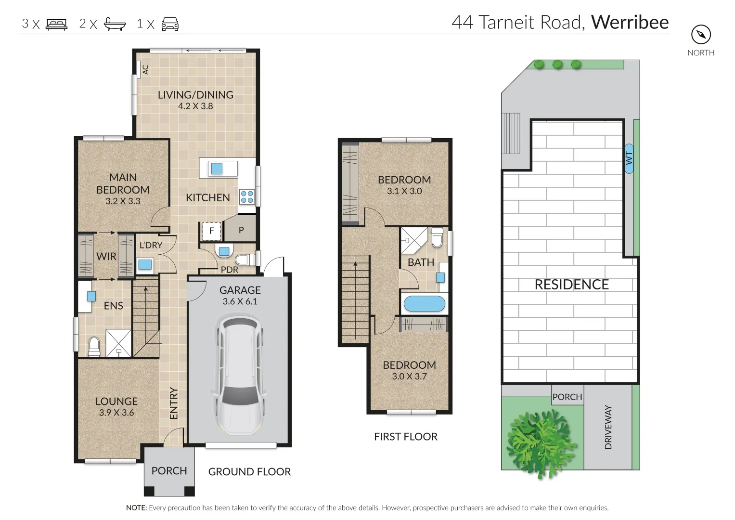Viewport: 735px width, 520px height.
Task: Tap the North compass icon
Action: [701, 35]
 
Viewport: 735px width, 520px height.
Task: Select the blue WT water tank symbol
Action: [629, 158]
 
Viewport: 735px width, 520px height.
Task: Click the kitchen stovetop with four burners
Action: [247, 196]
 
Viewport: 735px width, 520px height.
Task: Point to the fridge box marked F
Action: [211, 231]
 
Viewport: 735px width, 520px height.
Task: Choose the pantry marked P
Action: [241, 230]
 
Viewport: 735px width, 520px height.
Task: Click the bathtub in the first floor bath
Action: [424, 304]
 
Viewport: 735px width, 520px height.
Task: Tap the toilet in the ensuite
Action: [94, 346]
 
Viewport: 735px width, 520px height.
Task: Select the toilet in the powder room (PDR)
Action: [245, 260]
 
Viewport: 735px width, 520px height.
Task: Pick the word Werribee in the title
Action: [630, 22]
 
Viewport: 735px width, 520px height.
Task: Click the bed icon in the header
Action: [56, 24]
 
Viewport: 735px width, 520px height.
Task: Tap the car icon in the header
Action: [170, 24]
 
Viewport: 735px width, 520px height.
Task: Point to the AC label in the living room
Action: [145, 70]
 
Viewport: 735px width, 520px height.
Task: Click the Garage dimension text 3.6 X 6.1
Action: [240, 302]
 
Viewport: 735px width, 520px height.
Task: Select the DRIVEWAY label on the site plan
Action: [608, 427]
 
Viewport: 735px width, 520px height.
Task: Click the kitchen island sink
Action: [217, 169]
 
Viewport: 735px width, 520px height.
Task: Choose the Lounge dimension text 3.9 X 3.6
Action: [116, 413]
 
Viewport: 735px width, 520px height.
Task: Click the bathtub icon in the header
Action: [115, 24]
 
